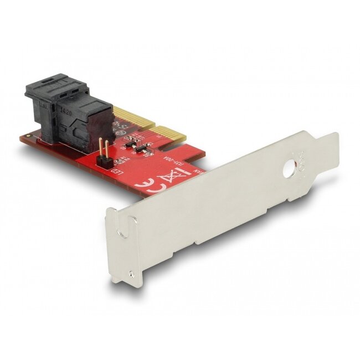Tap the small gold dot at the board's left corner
[x=26, y=136]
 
